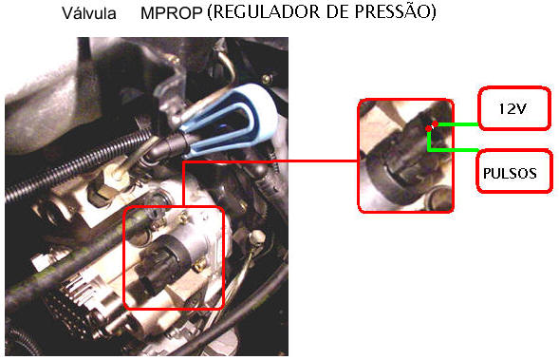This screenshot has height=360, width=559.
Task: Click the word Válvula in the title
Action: tap(89, 13)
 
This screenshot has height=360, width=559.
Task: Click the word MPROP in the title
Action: tap(172, 13)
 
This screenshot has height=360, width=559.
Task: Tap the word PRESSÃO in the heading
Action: tap(393, 11)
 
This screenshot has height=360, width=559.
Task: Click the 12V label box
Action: tap(514, 108)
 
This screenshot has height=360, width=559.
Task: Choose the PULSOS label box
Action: tap(514, 172)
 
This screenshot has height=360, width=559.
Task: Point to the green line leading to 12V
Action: tap(457, 124)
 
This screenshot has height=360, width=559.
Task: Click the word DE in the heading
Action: tap(338, 12)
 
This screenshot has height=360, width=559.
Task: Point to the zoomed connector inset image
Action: tap(405, 156)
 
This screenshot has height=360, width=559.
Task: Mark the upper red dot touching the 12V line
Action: tap(436, 123)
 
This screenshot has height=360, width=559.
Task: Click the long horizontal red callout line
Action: tap(270, 161)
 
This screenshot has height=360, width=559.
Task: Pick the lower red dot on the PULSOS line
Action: tap(428, 129)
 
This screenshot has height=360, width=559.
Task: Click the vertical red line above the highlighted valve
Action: tap(183, 184)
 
